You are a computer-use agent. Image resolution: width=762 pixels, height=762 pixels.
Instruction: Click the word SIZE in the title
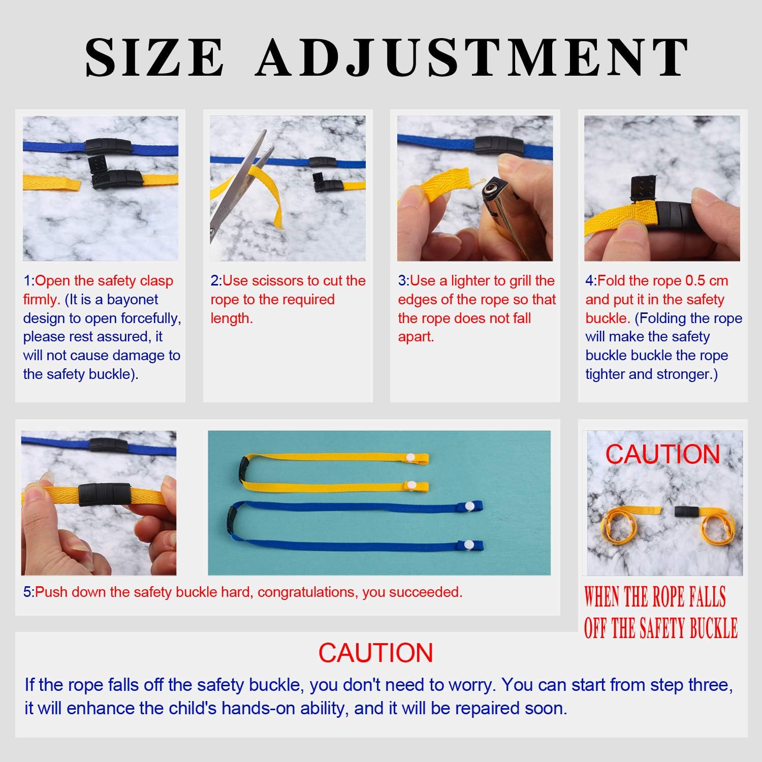(154, 57)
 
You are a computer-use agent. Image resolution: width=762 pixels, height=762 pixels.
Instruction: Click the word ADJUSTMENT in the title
(472, 57)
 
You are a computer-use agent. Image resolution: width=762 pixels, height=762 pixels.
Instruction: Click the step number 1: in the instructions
(29, 281)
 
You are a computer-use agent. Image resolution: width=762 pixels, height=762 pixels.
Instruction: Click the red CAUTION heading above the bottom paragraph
(376, 653)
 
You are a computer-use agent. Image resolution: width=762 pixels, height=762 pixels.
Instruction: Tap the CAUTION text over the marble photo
(662, 454)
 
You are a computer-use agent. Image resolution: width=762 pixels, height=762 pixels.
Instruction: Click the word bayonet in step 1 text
(133, 300)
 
